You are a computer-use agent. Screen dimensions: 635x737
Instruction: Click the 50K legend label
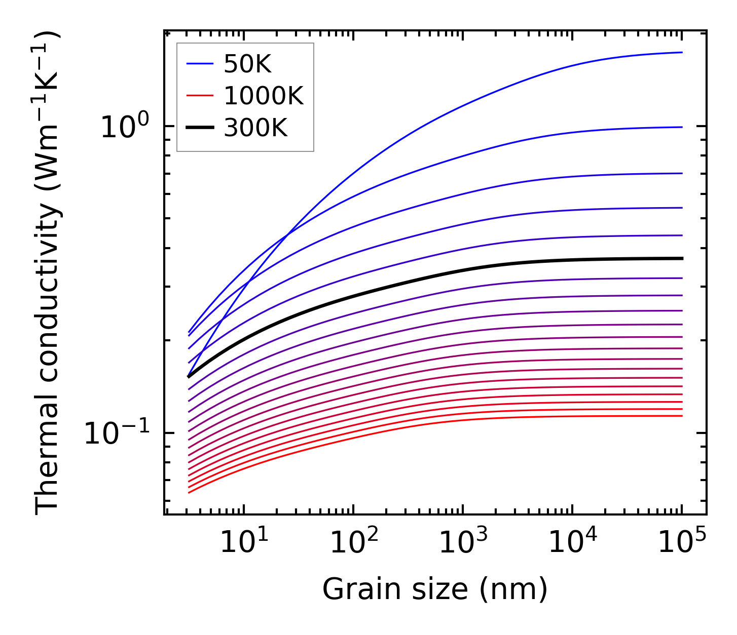[x=247, y=64]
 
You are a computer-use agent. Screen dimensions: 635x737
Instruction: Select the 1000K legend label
[x=263, y=96]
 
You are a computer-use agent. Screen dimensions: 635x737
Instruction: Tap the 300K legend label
[x=255, y=128]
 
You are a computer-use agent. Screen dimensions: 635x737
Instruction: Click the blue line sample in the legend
[x=200, y=64]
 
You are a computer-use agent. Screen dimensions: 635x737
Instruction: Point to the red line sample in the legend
[x=200, y=96]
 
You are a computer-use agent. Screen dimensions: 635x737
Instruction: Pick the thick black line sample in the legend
[x=200, y=128]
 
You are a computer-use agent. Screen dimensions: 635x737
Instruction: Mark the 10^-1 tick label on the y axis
[x=117, y=433]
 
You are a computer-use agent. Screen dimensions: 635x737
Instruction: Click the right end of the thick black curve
[x=682, y=258]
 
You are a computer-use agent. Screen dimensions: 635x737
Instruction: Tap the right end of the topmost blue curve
[x=682, y=52]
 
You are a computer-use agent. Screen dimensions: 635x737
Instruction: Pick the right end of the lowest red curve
[x=682, y=416]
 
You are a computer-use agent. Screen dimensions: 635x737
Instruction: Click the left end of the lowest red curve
[x=189, y=492]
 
